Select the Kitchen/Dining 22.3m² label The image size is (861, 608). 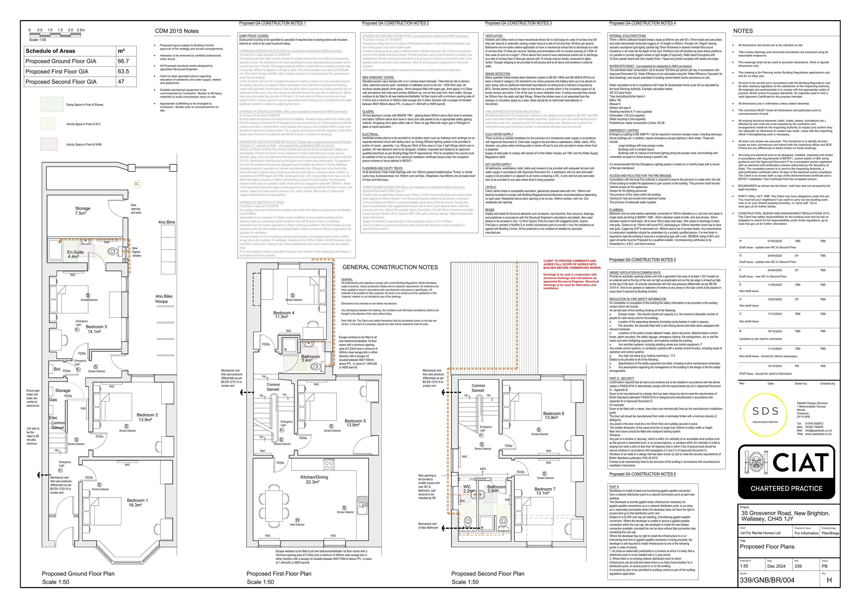pos(314,479)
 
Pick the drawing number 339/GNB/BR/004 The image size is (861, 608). pos(767,580)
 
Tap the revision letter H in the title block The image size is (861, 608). pos(829,580)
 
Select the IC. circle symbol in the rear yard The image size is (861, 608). pos(138,184)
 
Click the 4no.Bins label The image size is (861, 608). pos(166,222)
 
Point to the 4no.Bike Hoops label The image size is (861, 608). pos(164,299)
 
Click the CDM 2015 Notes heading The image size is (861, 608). pos(177,31)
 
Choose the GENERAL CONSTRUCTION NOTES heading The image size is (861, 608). pos(390,267)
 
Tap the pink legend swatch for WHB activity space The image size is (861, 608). pos(49,144)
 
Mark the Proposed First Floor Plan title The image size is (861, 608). pos(279,574)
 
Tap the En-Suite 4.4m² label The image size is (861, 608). pos(75,254)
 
